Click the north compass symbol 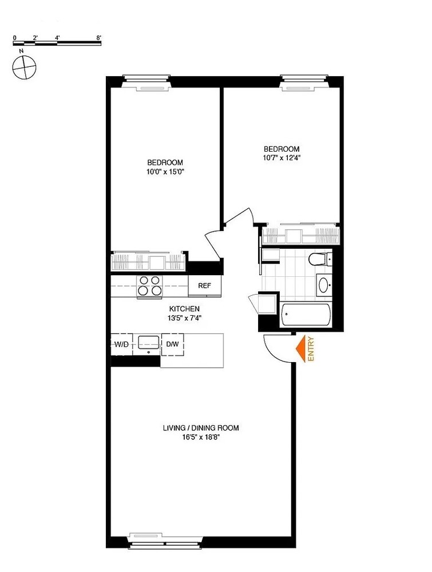(x=23, y=67)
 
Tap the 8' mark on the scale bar (x=99, y=37)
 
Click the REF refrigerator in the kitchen (x=204, y=285)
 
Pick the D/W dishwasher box (x=172, y=344)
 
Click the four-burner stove (x=150, y=285)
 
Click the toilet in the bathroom (x=318, y=259)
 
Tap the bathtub (x=306, y=315)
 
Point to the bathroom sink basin (x=324, y=284)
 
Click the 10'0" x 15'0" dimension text (x=165, y=171)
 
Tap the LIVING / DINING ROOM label (x=200, y=428)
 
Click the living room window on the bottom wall (x=166, y=538)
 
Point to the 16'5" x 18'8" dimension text (x=200, y=437)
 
